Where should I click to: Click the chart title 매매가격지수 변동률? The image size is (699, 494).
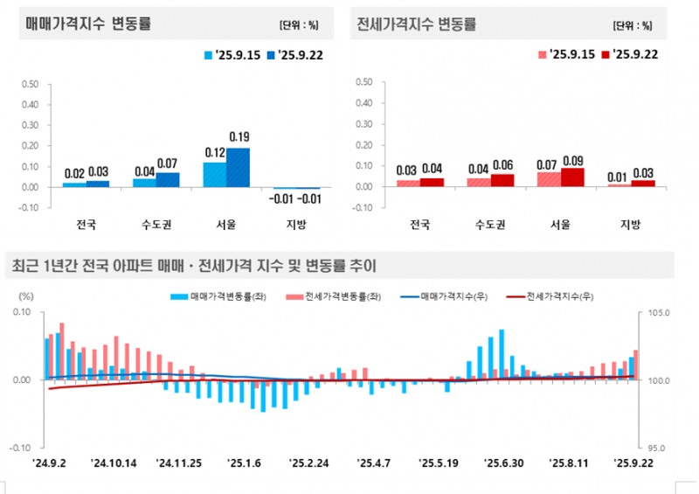point(88,24)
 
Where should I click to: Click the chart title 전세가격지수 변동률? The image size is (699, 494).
point(417,24)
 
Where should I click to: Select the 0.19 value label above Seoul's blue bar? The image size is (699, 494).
point(239,136)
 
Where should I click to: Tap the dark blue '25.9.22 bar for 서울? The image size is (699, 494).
point(238,167)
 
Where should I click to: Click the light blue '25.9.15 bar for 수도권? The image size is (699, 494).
point(144,182)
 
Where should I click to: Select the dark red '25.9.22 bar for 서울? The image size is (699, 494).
point(571,177)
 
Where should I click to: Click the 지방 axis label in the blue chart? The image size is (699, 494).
point(296,225)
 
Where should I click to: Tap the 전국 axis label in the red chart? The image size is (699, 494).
point(419,225)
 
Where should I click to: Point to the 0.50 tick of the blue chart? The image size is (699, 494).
point(30,85)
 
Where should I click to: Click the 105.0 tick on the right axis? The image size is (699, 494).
point(656,312)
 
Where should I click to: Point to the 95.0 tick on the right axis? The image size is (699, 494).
point(656,447)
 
